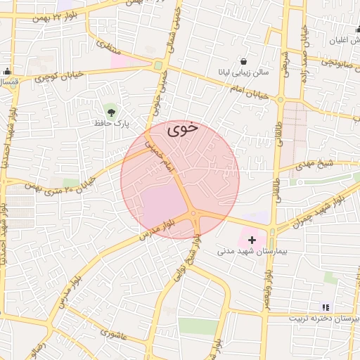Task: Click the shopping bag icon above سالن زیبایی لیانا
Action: [244, 61]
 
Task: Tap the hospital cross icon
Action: [252, 240]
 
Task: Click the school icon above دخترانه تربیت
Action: [325, 307]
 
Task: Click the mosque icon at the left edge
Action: [7, 71]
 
